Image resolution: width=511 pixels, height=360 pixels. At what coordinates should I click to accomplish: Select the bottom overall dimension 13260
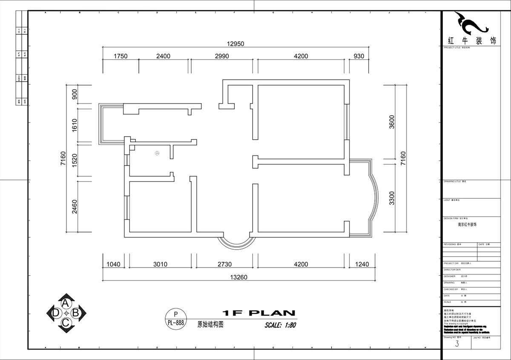click(x=238, y=277)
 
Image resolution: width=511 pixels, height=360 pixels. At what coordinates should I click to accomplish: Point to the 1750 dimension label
click(x=120, y=56)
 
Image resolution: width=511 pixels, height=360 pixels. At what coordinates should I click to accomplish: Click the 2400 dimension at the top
click(x=163, y=56)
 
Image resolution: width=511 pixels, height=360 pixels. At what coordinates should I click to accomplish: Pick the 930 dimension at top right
click(x=359, y=56)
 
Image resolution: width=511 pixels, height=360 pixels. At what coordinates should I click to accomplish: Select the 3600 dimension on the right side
click(x=392, y=122)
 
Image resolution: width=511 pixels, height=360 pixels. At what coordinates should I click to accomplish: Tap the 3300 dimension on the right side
click(x=392, y=198)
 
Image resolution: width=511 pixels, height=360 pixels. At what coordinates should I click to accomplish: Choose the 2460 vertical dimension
click(x=75, y=206)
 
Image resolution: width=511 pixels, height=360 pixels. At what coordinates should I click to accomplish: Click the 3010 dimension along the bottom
click(x=160, y=265)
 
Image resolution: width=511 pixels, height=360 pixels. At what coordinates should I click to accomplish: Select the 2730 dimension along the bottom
click(x=224, y=265)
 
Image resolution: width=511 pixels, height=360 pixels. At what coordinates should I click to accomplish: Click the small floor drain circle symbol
click(x=157, y=153)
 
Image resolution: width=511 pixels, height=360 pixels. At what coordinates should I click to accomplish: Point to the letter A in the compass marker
click(x=66, y=303)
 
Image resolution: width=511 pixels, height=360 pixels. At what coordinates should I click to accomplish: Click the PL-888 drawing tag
click(x=175, y=323)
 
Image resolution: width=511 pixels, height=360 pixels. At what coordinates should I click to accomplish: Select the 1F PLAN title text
click(x=259, y=313)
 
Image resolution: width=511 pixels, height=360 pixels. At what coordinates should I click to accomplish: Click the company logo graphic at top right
click(x=471, y=23)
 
